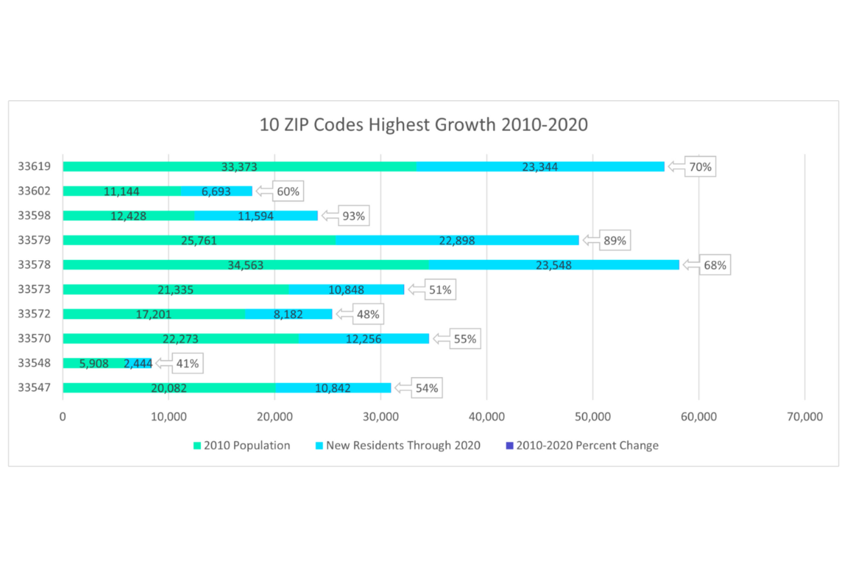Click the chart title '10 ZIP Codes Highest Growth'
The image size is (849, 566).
pos(424,124)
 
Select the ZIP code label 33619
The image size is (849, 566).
pos(34,167)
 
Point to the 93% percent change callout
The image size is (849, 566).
pos(354,216)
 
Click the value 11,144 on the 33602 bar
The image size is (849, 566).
pos(121,191)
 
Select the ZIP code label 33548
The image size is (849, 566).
pos(34,364)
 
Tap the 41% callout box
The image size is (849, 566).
pos(188,364)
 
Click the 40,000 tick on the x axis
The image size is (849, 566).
pos(486,417)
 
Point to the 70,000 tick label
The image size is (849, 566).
pos(804,417)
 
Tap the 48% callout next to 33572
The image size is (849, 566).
pos(367,314)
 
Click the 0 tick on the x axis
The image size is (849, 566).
pos(62,417)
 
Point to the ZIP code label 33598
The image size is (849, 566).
pos(34,216)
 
